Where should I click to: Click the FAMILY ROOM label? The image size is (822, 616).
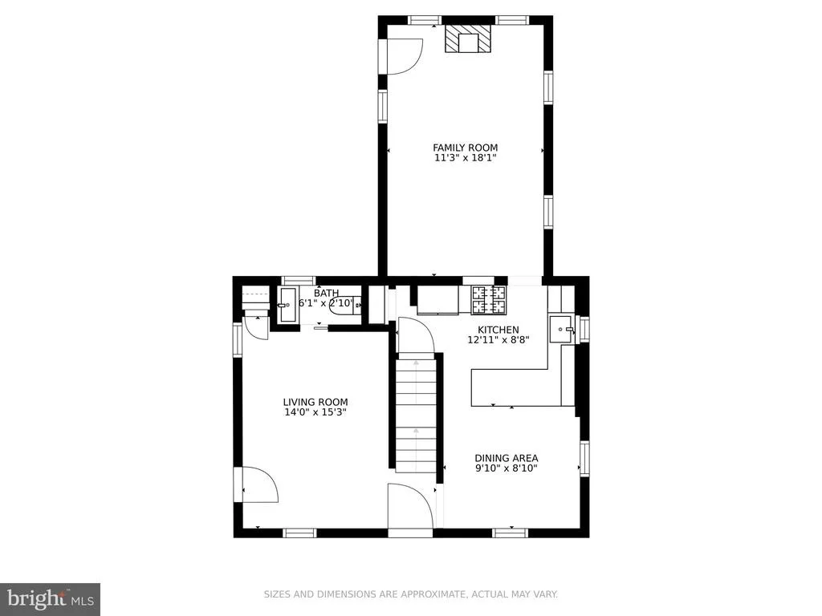click(465, 148)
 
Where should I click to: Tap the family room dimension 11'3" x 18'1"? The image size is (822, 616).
click(465, 158)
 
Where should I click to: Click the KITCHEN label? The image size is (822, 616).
click(498, 330)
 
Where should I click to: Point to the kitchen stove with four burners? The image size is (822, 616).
click(489, 300)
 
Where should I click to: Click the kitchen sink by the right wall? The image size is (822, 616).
click(562, 330)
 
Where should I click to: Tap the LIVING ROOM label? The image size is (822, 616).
click(315, 403)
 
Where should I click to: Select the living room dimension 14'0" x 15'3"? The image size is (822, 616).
click(315, 412)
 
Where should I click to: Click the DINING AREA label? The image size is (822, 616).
click(507, 458)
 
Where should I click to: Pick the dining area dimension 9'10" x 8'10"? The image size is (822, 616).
click(507, 468)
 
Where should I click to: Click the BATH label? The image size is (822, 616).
click(326, 293)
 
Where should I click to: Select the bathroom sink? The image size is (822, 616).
click(287, 304)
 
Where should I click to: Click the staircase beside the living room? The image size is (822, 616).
click(416, 413)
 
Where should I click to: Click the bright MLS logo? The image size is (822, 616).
click(50, 598)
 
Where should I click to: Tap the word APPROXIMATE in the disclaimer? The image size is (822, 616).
click(433, 594)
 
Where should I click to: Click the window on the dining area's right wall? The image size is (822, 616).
click(584, 458)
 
